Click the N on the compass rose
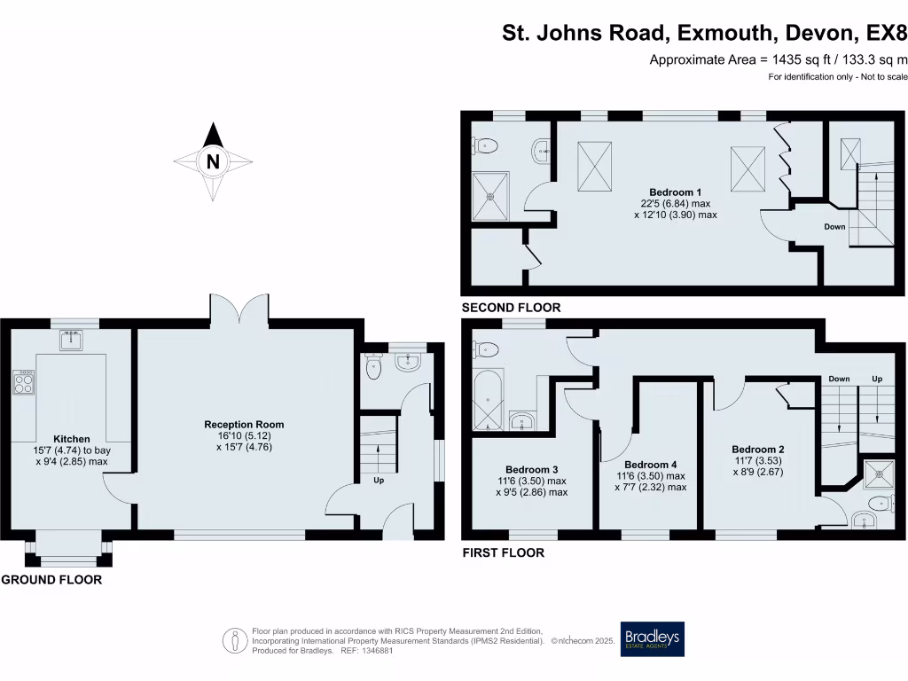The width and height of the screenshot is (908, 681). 213,161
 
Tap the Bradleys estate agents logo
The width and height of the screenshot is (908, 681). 652,638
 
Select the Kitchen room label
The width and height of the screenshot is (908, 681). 72,439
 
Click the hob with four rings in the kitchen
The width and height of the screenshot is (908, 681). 23,382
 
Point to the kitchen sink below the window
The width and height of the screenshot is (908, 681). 71,340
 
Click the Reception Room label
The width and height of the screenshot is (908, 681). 244,425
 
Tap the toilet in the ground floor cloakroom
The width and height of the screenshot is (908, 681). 374,366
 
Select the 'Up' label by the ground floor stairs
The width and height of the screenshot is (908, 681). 379,480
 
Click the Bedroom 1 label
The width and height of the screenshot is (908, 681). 675,192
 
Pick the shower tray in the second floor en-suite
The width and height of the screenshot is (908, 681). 490,196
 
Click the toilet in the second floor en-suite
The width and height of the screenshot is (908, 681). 485,145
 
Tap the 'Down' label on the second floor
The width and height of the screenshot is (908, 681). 834,226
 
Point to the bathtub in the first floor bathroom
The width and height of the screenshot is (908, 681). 489,400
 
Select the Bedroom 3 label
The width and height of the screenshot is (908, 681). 532,470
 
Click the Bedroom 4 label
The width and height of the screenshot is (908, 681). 650,465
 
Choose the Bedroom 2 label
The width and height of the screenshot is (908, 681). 758,450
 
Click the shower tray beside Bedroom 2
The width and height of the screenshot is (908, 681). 879,474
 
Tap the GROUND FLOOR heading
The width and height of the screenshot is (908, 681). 51,580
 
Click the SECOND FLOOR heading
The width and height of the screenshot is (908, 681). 512,308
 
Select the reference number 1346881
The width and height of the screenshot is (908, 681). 377,651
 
